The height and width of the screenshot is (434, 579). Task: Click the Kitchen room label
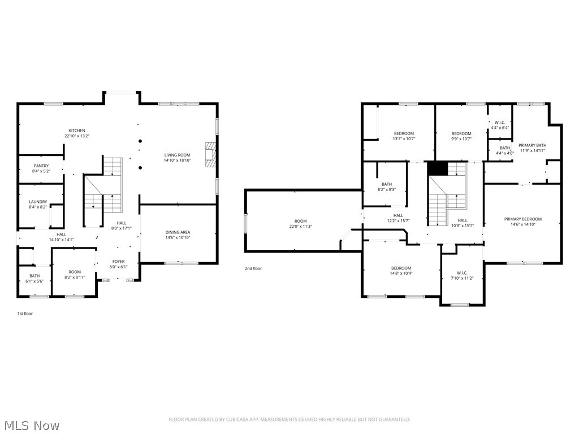coord(77,131)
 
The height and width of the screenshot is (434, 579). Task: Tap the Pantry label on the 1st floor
coord(41,166)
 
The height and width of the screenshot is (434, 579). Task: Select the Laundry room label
coord(38,202)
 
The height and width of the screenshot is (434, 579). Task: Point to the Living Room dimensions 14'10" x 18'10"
coord(177,160)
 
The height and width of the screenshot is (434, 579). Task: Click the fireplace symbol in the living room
coord(210,154)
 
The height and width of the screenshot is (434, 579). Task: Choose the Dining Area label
coord(178,232)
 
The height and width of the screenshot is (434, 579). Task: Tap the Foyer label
coord(118,261)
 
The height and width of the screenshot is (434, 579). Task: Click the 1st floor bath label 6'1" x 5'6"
coord(35,281)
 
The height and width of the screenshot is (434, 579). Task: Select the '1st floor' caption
coord(25,313)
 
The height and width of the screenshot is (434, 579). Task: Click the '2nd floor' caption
coord(253,268)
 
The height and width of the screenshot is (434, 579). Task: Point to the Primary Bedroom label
coord(523,219)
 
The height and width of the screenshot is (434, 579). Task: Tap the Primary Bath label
coord(533,145)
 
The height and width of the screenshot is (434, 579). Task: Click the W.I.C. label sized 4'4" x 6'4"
coord(500,123)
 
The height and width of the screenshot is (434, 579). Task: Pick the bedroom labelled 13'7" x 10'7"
coord(404,133)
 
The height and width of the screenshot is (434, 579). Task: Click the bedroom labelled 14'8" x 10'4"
coord(401,268)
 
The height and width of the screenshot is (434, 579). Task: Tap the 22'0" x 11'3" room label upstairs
coord(300,221)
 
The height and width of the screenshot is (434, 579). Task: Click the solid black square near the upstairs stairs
coord(437,168)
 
